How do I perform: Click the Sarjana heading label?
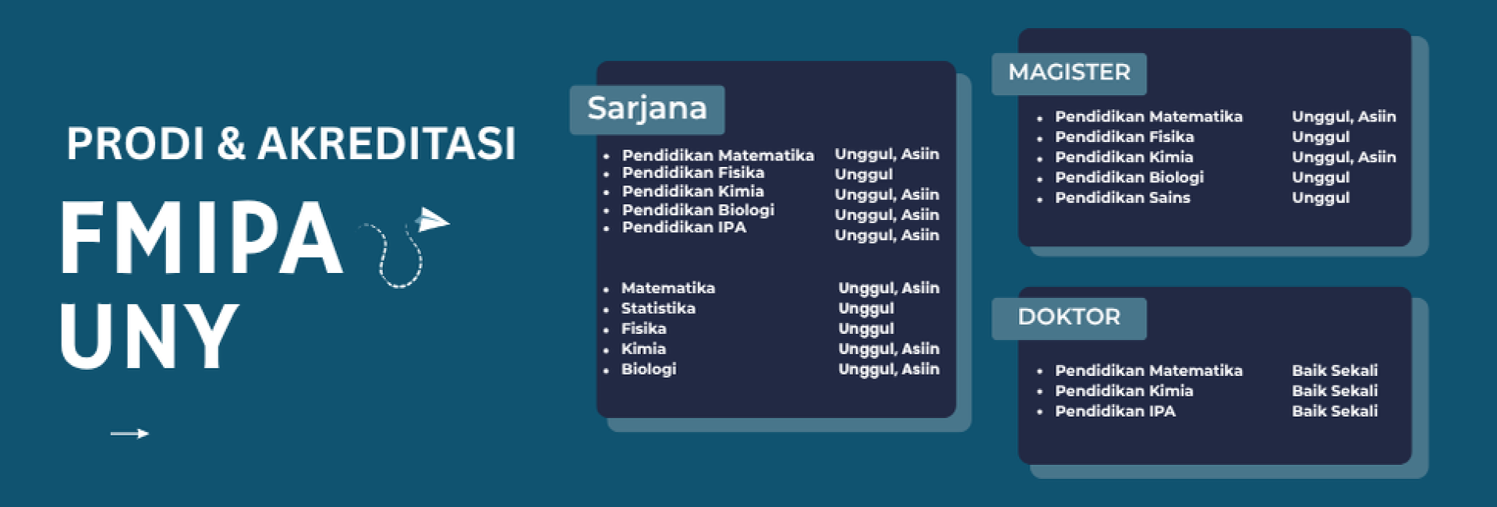click(647, 108)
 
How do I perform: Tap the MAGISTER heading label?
click(1069, 73)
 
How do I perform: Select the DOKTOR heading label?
click(1069, 317)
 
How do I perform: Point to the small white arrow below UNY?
click(129, 434)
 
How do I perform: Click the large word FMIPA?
click(201, 237)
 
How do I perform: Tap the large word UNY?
click(148, 336)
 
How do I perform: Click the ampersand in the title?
click(232, 144)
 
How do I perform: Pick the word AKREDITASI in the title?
click(387, 144)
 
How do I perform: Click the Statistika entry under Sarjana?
click(658, 308)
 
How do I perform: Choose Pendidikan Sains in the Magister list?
click(1122, 197)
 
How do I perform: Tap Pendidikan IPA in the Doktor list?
click(1115, 411)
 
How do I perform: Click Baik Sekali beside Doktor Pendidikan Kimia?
click(1335, 391)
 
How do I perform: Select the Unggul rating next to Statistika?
click(866, 309)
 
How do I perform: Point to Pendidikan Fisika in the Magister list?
click(1124, 136)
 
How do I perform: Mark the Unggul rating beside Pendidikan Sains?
click(1321, 198)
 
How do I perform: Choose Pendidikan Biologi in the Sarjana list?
click(698, 210)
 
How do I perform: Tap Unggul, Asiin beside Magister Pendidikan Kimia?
click(1344, 158)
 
